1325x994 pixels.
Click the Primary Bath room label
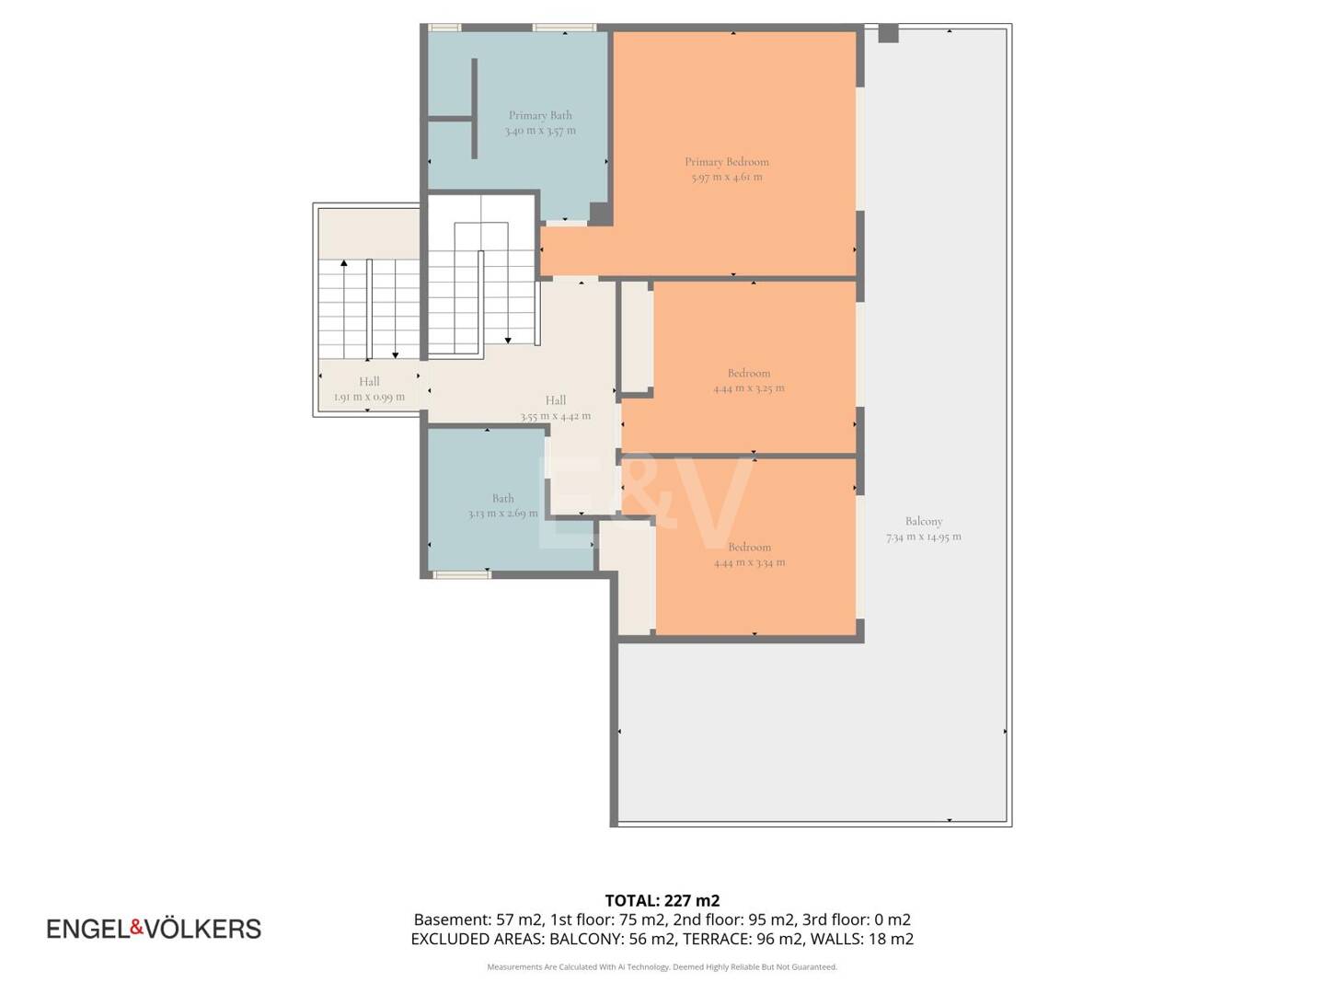(x=539, y=115)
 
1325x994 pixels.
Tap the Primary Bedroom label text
(x=726, y=162)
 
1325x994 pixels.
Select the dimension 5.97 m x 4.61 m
(x=726, y=178)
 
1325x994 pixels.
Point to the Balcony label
(x=923, y=521)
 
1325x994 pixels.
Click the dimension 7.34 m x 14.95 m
(x=923, y=537)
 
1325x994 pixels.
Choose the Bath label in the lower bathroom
(x=502, y=499)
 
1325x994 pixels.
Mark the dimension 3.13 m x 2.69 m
(x=502, y=514)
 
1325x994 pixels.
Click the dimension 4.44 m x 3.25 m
(x=748, y=388)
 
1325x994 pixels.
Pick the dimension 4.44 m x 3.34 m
(x=749, y=562)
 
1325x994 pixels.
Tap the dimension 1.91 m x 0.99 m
(x=369, y=397)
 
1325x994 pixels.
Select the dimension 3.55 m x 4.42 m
(x=556, y=416)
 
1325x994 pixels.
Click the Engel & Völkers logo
(x=154, y=929)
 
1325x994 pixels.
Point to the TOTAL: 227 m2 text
(x=662, y=901)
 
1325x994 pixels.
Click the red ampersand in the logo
(x=137, y=928)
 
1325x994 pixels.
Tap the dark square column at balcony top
(x=887, y=33)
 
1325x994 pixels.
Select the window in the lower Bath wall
(x=462, y=574)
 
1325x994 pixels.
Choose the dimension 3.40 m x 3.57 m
(x=539, y=131)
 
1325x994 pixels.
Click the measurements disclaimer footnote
(x=662, y=966)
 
